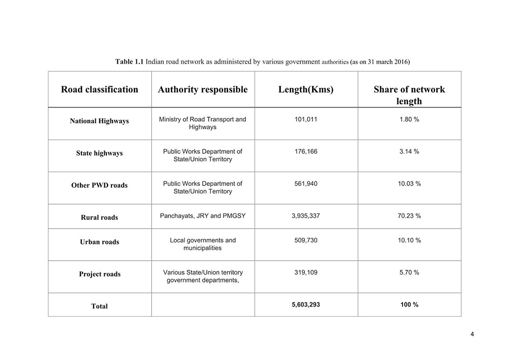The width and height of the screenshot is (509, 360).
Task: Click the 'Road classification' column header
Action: coord(99,90)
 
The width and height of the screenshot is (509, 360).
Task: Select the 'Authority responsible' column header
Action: coord(203,90)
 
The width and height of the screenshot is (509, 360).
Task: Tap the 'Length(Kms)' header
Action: coord(306,90)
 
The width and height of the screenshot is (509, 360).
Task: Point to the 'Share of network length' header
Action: coord(409,95)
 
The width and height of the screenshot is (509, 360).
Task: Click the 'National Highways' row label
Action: coord(99,121)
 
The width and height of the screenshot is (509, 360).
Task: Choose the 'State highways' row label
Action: coord(99,153)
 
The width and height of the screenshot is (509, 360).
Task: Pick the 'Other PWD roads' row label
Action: coord(99,185)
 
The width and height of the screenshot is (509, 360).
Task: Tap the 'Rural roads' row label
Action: coord(99,217)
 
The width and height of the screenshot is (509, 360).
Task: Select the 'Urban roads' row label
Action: coord(99,242)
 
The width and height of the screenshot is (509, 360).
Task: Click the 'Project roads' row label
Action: coord(99,274)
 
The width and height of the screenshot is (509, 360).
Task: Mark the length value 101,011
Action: coord(306,119)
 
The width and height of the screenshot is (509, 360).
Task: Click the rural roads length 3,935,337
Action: coord(306,216)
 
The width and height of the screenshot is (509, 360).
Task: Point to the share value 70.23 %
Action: coord(409,216)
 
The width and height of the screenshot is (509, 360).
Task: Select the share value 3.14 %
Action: coord(409,152)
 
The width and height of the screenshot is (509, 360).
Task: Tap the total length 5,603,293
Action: coord(306,304)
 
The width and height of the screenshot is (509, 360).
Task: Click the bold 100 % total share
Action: coord(409,304)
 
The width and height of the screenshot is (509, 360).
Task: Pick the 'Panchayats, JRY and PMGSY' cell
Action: coord(203,216)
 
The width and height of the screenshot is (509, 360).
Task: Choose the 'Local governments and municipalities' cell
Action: coord(203,244)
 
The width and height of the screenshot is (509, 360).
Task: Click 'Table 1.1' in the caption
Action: coord(129,62)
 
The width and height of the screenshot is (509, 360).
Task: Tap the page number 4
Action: coord(472,334)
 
